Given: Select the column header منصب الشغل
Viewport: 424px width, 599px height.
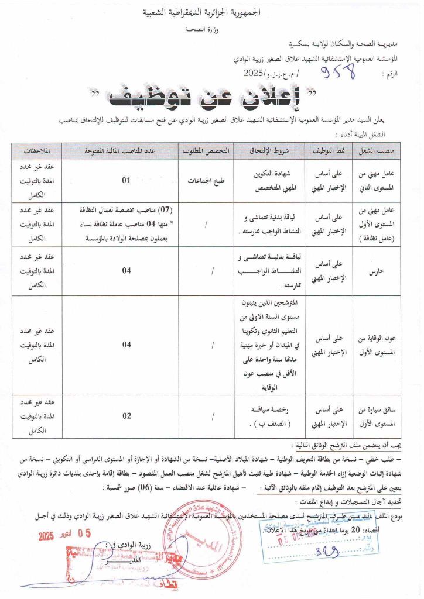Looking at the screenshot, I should tap(381, 151).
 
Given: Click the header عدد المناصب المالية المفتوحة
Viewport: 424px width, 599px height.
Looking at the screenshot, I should tap(126, 151).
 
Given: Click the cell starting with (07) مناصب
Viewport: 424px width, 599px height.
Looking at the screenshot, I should tap(126, 223).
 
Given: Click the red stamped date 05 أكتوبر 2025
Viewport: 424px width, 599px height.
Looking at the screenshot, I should tap(64, 535).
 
